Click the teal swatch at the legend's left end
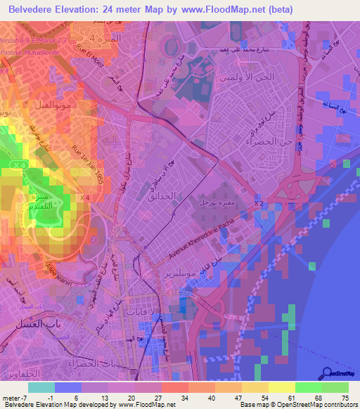click(41, 387)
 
